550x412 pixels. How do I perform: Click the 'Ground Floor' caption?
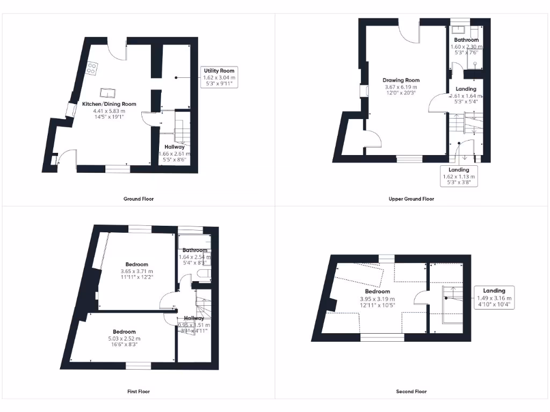point(139,199)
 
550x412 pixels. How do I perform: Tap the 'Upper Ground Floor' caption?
point(411,199)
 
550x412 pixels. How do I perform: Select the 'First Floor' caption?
point(139,392)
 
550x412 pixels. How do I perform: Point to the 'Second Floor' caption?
point(411,392)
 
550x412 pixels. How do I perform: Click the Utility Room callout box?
point(219,78)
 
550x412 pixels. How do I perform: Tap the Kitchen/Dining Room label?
point(109,104)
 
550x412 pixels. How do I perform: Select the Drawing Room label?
point(401,80)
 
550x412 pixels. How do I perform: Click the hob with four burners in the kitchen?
point(92,69)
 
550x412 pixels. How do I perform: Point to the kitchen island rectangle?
point(108,91)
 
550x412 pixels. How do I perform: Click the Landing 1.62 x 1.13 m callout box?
point(458,176)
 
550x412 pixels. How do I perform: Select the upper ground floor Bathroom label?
point(466,40)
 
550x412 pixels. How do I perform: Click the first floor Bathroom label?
point(194,250)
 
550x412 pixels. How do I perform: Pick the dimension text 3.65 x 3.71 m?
point(136,271)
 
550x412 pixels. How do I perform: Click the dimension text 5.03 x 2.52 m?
point(124,339)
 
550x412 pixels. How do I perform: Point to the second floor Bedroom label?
point(377,292)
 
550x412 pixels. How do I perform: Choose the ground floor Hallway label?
point(175,147)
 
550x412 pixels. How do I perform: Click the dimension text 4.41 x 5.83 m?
point(108,111)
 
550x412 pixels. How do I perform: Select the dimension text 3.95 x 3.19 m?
point(377,299)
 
